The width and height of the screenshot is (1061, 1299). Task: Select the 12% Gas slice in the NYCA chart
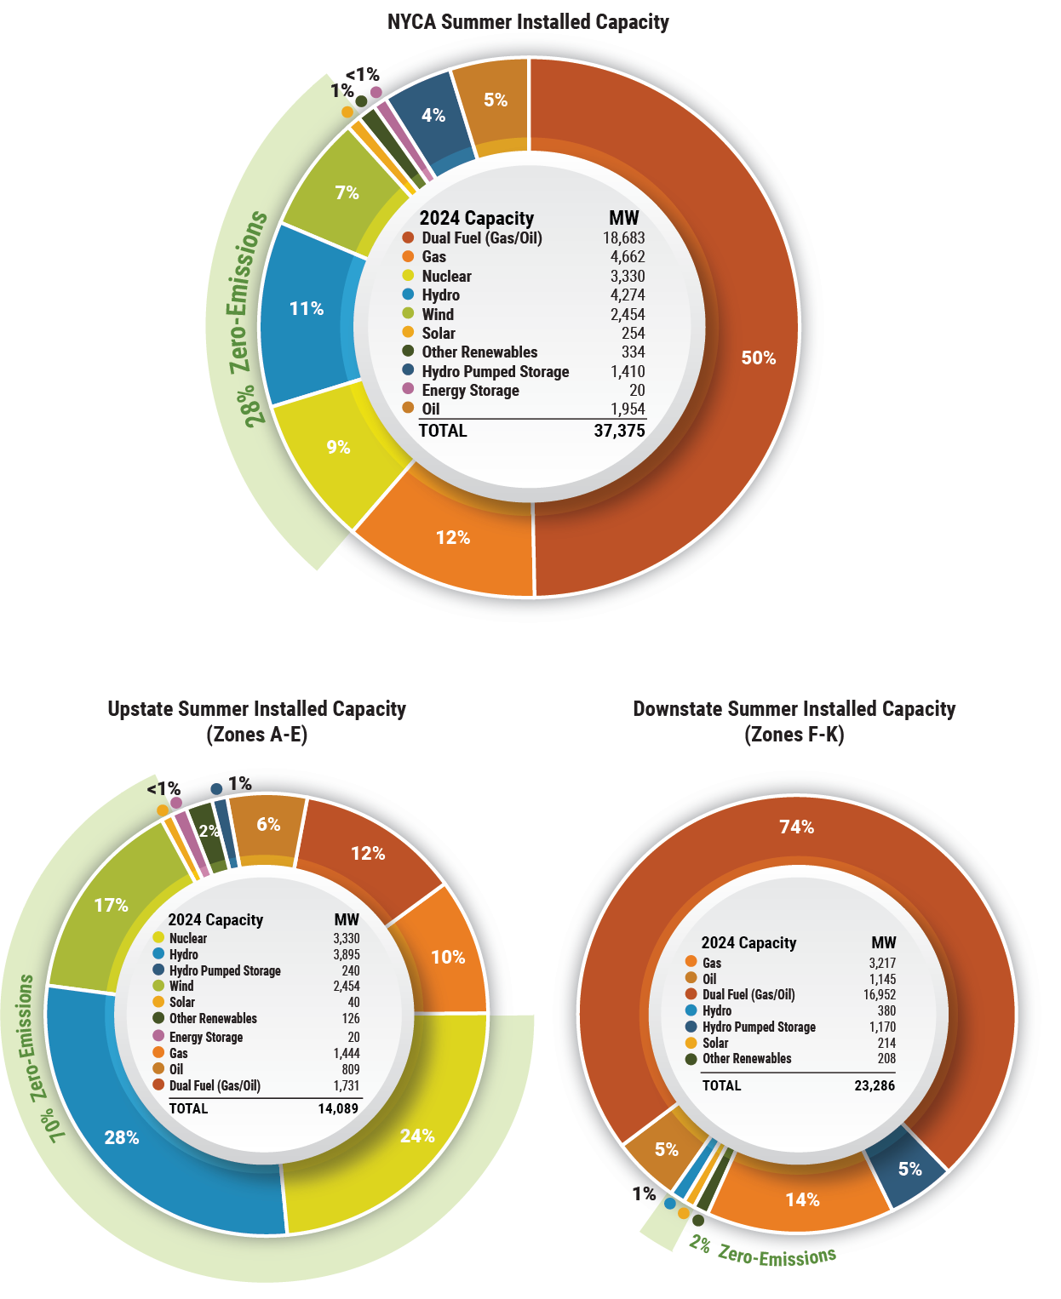point(452,538)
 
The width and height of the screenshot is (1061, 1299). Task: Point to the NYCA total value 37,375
point(619,431)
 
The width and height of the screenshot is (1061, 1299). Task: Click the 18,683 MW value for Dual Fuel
point(623,238)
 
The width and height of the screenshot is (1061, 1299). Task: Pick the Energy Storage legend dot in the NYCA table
point(408,390)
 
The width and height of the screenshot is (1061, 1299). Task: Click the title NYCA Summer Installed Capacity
point(528,22)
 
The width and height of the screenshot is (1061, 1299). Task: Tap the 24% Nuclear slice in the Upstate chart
point(417,1136)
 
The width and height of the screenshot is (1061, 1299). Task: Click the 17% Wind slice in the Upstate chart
point(112,906)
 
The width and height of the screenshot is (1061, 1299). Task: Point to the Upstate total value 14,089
point(338,1108)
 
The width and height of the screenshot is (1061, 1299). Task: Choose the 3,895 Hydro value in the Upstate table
point(346,955)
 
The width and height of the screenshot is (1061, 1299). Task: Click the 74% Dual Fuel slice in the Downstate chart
point(797,827)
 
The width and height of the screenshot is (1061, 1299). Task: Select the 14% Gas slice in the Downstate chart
point(802,1199)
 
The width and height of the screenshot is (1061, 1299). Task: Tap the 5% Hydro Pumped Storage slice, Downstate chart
point(909,1169)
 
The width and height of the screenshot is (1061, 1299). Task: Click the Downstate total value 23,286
point(875,1085)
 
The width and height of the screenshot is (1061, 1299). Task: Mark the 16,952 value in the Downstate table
point(879,994)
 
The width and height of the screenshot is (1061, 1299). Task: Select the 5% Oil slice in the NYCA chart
point(495,100)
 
